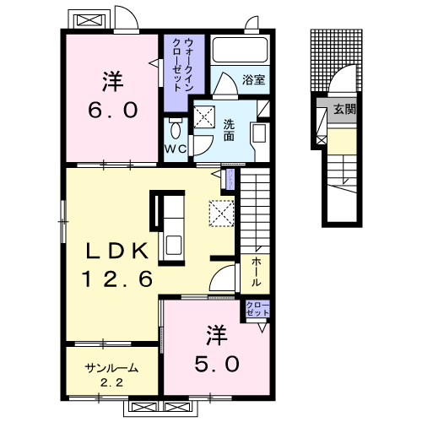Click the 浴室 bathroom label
click(253, 80)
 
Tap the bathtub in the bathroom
click(238, 51)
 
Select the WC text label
click(176, 149)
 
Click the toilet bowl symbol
click(175, 129)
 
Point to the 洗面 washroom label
click(230, 130)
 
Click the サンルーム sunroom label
click(111, 369)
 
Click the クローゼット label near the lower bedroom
click(257, 309)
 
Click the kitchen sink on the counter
click(174, 246)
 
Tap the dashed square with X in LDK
click(221, 213)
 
